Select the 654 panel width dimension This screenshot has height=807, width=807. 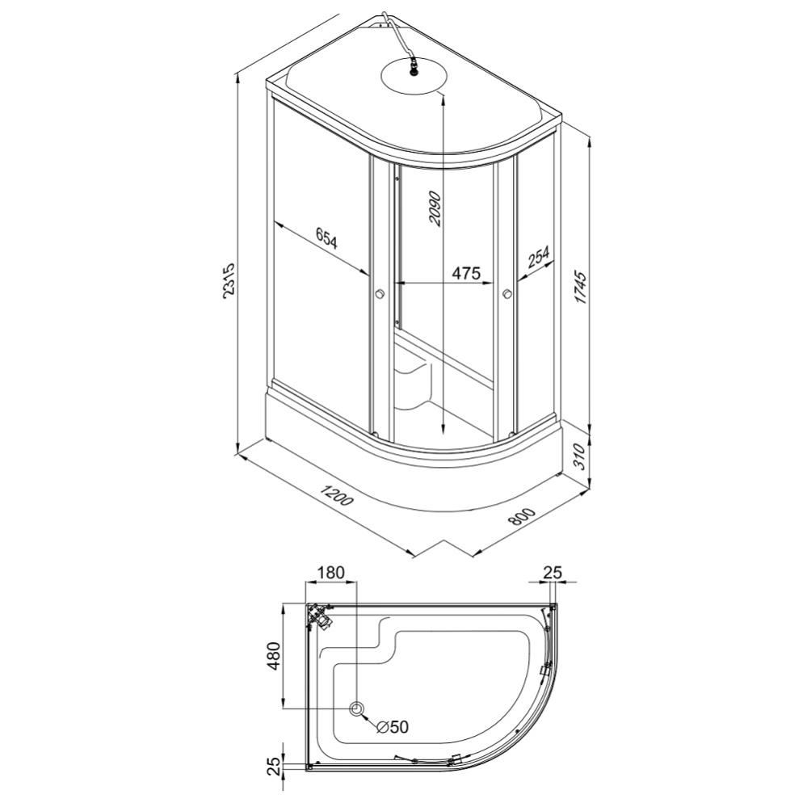pyautogui.click(x=326, y=239)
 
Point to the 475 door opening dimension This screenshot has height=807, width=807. pyautogui.click(x=466, y=272)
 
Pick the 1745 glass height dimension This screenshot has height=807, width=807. pyautogui.click(x=581, y=287)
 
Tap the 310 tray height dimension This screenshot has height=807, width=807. pyautogui.click(x=579, y=455)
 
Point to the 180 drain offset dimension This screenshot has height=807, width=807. pyautogui.click(x=331, y=573)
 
